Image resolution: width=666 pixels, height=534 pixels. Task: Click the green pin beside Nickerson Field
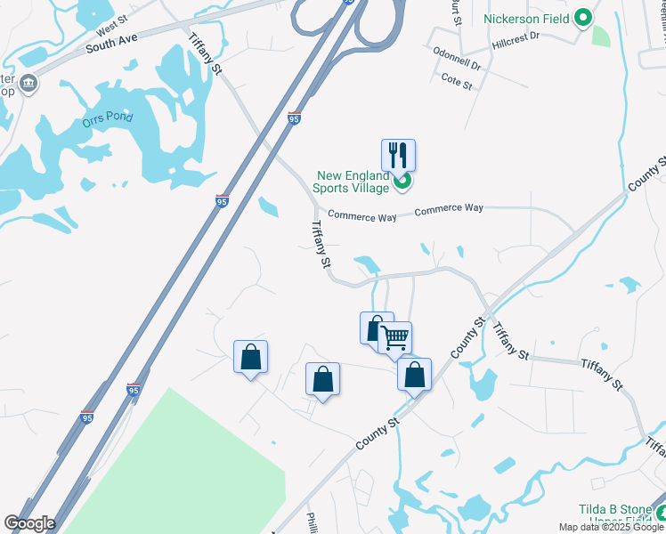583,17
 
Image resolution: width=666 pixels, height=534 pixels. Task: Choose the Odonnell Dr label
457,65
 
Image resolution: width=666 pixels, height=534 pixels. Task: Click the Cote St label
456,78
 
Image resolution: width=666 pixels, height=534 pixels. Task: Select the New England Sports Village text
352,182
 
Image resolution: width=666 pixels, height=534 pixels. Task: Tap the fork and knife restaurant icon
399,155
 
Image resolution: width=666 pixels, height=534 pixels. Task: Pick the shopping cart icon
394,337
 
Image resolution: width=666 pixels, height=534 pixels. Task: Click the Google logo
29,523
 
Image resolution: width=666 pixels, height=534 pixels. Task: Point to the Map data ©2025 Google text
611,527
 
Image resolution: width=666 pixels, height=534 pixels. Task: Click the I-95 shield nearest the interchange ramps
295,117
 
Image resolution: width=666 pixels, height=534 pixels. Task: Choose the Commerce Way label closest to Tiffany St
361,215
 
